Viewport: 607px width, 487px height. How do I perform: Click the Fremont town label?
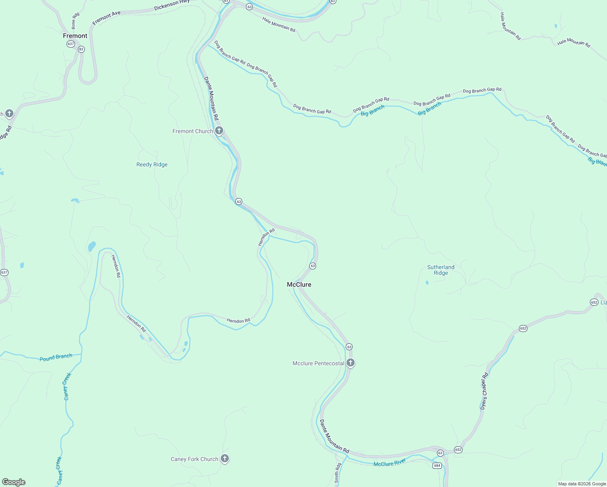pos(75,36)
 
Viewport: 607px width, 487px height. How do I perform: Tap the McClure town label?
pos(299,284)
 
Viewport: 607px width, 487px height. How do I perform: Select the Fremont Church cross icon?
pos(219,131)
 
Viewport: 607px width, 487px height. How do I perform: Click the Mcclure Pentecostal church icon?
pos(351,363)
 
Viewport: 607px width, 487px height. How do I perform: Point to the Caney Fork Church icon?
pos(225,459)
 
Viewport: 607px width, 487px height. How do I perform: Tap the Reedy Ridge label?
pos(152,164)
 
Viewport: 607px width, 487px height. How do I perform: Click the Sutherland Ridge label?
pos(441,270)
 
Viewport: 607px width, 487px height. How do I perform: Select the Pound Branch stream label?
pos(56,357)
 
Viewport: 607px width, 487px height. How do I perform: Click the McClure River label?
pos(390,463)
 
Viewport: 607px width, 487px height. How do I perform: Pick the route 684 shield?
pos(437,465)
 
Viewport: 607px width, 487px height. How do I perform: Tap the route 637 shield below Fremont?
pos(71,44)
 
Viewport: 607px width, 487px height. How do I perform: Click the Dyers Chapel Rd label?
pos(484,391)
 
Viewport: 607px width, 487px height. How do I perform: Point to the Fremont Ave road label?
pos(106,18)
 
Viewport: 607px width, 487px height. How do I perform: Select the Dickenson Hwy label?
pos(172,5)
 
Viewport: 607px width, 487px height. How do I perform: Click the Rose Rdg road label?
pos(75,21)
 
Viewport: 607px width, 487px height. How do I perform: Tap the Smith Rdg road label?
pos(337,473)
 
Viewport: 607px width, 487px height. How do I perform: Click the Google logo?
pos(14,482)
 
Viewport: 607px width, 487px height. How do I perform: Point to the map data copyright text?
pos(582,484)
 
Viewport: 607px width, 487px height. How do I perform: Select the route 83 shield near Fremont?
pos(81,49)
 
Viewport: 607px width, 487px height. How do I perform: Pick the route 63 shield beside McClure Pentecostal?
pos(349,347)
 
